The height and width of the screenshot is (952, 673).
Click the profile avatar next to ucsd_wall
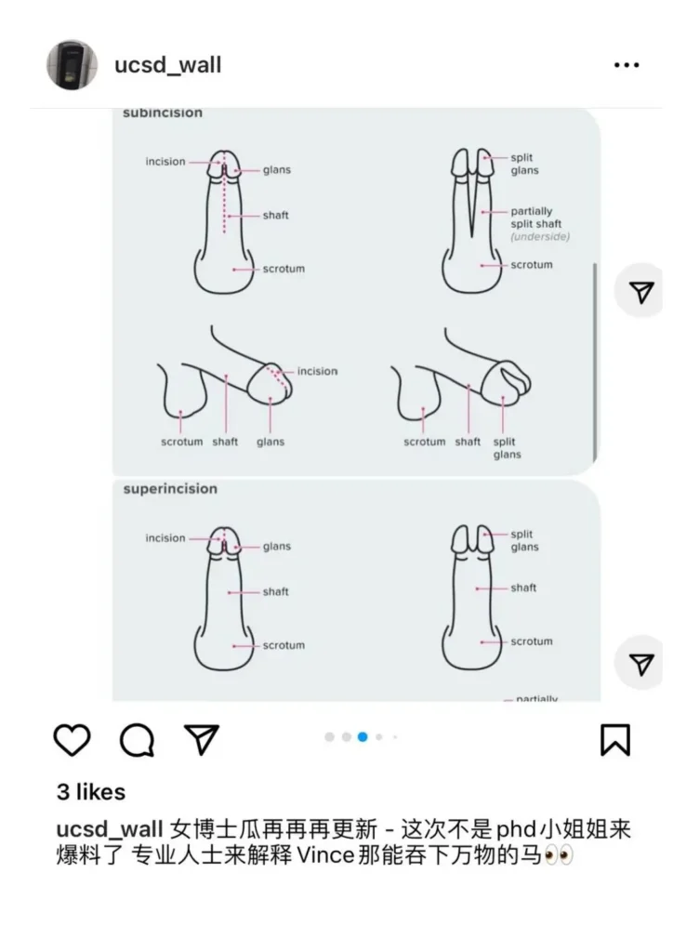tap(72, 65)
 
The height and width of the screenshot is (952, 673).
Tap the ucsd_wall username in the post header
tap(167, 65)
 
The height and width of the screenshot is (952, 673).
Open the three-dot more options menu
tap(627, 64)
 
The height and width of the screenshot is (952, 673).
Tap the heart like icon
tap(73, 739)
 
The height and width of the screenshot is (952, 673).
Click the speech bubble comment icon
tap(138, 739)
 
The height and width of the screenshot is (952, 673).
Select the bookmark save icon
tap(615, 739)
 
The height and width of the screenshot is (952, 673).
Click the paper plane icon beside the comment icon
tap(202, 739)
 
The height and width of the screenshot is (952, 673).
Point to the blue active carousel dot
tap(363, 736)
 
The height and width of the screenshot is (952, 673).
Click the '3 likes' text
tap(91, 792)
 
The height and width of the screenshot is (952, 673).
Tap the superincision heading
tap(170, 489)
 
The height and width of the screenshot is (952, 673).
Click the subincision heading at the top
tap(163, 112)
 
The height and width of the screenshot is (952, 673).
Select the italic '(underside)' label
tap(540, 236)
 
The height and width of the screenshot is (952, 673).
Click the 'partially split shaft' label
tap(535, 218)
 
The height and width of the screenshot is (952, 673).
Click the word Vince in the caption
tap(325, 855)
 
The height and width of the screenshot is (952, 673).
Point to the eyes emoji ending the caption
tap(559, 855)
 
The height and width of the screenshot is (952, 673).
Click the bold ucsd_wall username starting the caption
tap(110, 829)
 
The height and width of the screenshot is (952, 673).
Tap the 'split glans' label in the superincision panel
tap(524, 540)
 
